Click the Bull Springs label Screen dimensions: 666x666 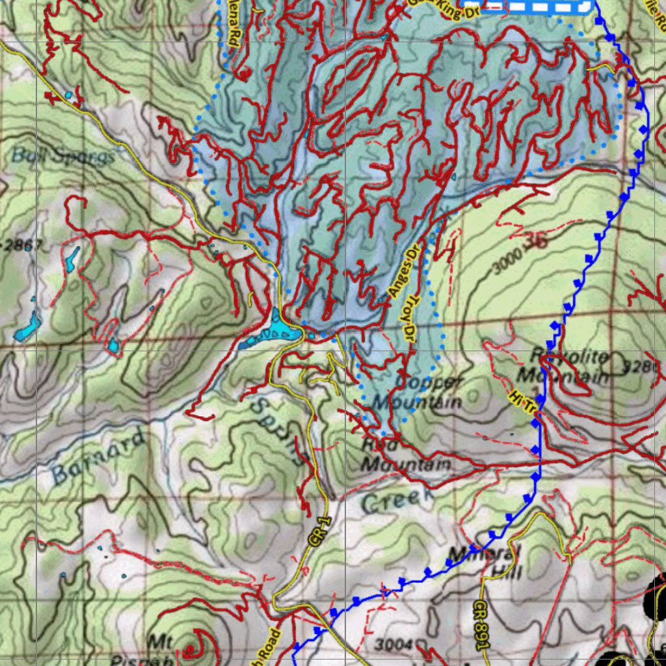[x=63, y=156]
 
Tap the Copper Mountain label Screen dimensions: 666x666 [x=426, y=393]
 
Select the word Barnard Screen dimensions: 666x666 [x=98, y=457]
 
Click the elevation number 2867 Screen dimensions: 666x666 [x=23, y=245]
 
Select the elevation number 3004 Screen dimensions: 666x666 [x=395, y=645]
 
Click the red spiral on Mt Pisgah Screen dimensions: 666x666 [x=193, y=648]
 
